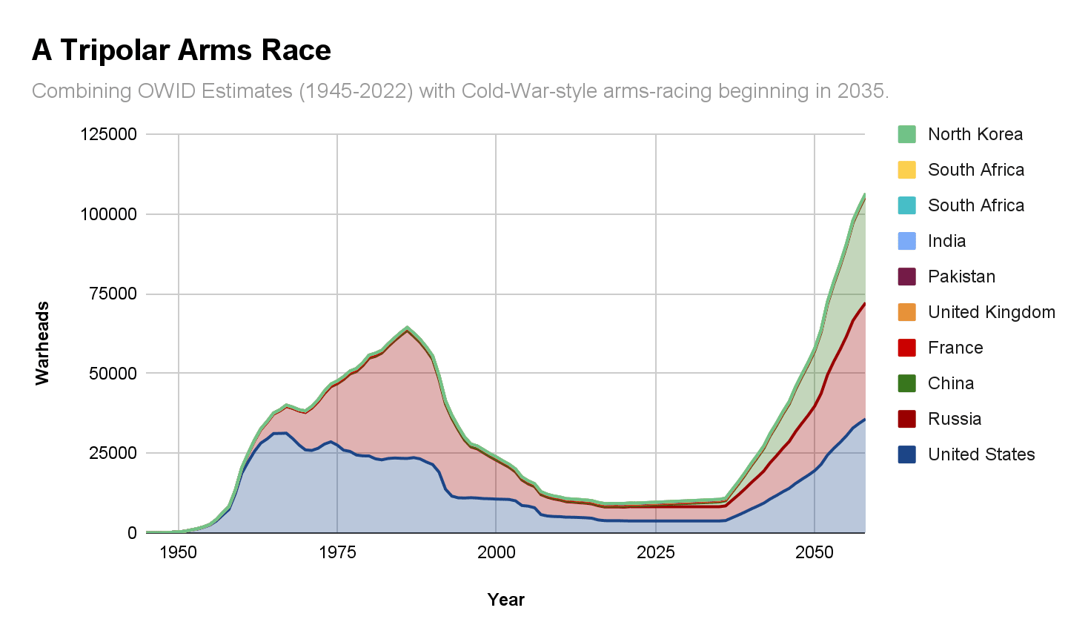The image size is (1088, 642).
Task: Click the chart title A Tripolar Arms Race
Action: pyautogui.click(x=181, y=50)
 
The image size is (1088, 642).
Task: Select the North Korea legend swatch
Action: pyautogui.click(x=907, y=134)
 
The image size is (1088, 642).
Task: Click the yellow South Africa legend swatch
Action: pyautogui.click(x=907, y=170)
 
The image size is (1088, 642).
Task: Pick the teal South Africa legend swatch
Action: pyautogui.click(x=907, y=205)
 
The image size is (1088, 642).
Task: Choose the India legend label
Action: pyautogui.click(x=946, y=241)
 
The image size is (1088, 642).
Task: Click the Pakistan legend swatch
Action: pyautogui.click(x=907, y=277)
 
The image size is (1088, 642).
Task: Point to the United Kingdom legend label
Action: pyautogui.click(x=992, y=312)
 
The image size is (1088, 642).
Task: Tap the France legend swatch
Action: pyautogui.click(x=907, y=348)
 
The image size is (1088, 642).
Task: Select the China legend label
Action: pyautogui.click(x=951, y=383)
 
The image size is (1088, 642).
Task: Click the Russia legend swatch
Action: pyautogui.click(x=907, y=419)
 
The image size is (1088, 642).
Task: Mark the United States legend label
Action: pyautogui.click(x=981, y=454)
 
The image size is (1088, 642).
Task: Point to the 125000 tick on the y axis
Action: pyautogui.click(x=109, y=134)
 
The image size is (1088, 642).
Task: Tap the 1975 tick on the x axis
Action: pyautogui.click(x=337, y=552)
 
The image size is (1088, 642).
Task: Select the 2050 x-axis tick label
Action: pyautogui.click(x=815, y=552)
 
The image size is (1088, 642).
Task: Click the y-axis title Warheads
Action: pyautogui.click(x=43, y=343)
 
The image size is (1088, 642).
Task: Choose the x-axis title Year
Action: pyautogui.click(x=505, y=600)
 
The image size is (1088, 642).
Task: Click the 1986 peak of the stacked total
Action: pyautogui.click(x=407, y=327)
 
